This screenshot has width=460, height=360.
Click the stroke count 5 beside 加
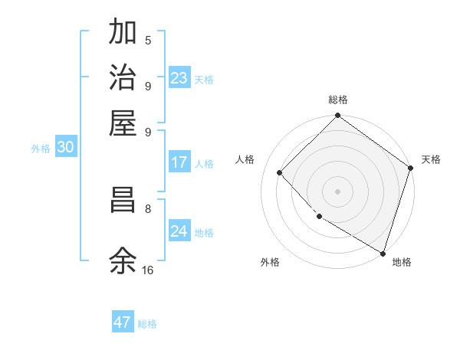click(148, 41)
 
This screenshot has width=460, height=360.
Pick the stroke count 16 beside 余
click(148, 270)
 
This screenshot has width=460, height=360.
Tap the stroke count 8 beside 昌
click(148, 208)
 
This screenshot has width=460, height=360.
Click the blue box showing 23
click(179, 77)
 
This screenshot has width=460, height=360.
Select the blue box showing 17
click(179, 162)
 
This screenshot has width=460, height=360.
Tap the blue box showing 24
click(179, 231)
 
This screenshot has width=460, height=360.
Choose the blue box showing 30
click(65, 148)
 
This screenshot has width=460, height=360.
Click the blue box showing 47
click(123, 322)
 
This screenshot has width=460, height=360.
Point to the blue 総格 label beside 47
click(147, 324)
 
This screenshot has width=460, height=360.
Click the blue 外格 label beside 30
click(41, 149)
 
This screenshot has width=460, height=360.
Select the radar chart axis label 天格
click(431, 159)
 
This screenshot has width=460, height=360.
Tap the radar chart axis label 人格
click(245, 159)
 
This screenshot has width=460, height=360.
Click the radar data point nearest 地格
click(383, 253)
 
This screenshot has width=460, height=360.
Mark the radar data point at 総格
click(337, 116)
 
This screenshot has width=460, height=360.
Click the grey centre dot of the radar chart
click(337, 191)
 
